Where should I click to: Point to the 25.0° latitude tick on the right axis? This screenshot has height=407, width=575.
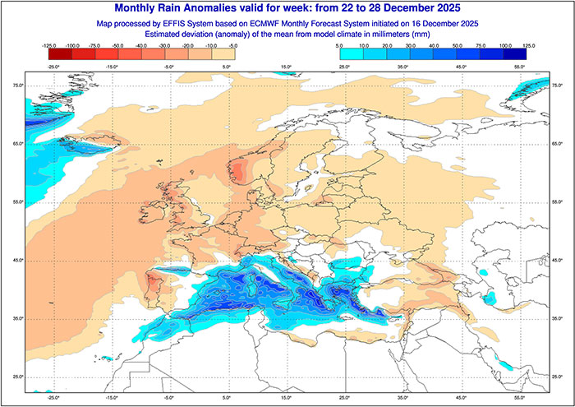click(x=558, y=377)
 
